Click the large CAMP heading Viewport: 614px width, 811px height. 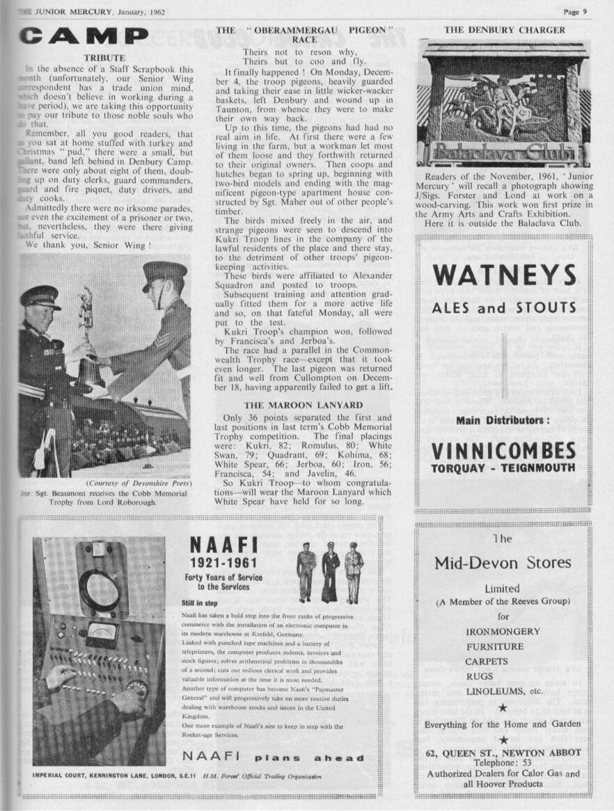[x=84, y=36]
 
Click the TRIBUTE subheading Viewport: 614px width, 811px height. [x=104, y=58]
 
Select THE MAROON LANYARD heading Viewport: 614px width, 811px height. [x=303, y=405]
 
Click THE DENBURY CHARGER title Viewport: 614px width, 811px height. [x=505, y=30]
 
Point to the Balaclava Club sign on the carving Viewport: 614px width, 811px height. [x=504, y=153]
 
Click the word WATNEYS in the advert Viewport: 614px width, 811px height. [x=504, y=276]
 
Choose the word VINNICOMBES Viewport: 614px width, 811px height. [x=504, y=451]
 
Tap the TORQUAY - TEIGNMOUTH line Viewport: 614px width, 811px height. [x=504, y=467]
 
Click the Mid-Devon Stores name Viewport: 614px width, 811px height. [x=503, y=563]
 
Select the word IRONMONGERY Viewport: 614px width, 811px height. [x=503, y=632]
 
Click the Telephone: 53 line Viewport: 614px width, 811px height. [x=503, y=763]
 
